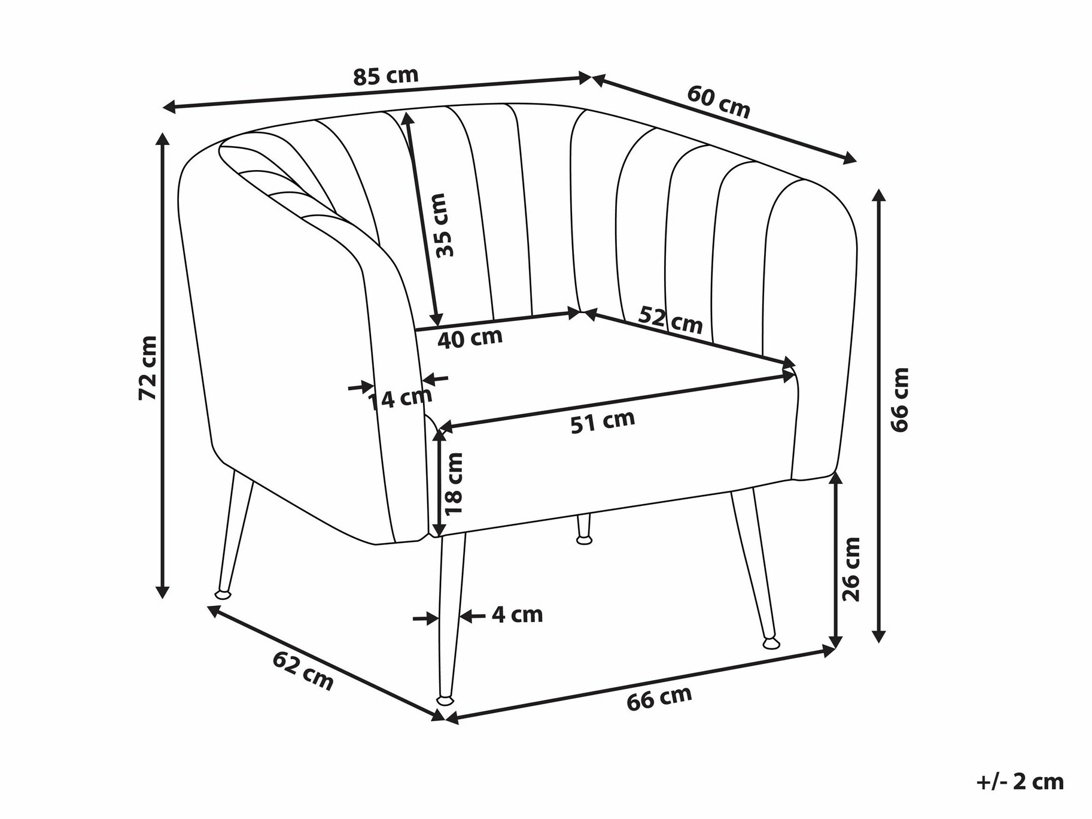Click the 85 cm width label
(385, 75)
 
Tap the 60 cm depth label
(718, 102)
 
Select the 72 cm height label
(147, 368)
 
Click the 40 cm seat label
(470, 338)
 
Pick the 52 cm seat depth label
(670, 320)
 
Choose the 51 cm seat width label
(602, 421)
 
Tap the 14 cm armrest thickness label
(399, 398)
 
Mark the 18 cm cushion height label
(454, 483)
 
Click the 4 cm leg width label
(517, 614)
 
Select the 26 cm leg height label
(850, 569)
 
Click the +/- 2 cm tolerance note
(1020, 782)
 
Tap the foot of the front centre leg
(445, 699)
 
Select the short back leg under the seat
(583, 529)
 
